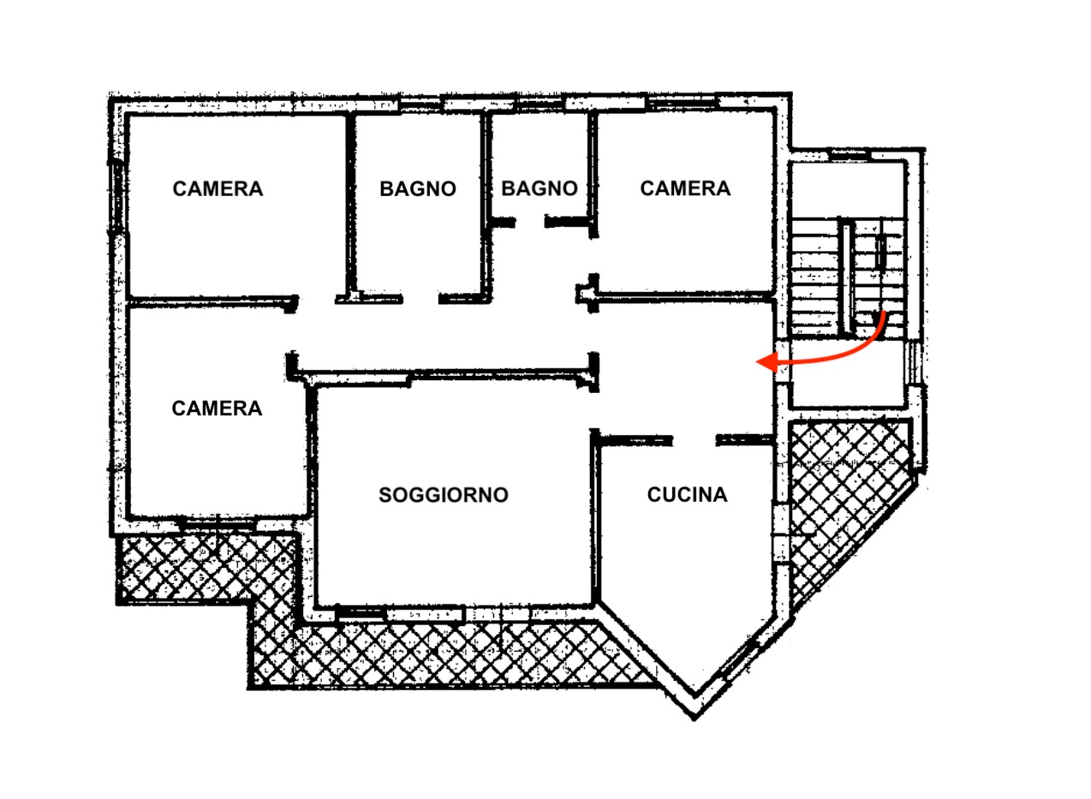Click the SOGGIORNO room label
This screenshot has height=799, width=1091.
click(x=444, y=495)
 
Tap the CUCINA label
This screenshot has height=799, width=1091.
click(x=688, y=494)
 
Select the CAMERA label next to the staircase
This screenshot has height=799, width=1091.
click(x=685, y=188)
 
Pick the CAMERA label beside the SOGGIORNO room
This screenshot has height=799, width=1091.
click(x=217, y=408)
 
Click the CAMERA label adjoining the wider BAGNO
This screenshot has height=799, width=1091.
click(x=218, y=189)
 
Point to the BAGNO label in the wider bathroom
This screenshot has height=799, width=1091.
click(x=418, y=189)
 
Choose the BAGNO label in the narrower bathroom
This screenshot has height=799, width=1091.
click(x=540, y=188)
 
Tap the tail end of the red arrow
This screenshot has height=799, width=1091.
click(x=884, y=313)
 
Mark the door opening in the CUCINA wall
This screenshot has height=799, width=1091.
click(x=694, y=440)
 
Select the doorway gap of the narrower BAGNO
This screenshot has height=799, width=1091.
click(x=530, y=222)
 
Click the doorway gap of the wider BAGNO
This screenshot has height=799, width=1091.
click(x=420, y=298)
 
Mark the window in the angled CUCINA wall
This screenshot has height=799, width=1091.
click(x=739, y=660)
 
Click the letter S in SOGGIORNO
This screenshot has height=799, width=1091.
click(x=385, y=495)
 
